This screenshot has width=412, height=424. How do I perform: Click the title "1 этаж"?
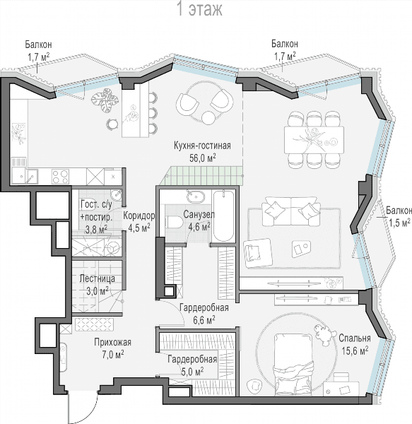[199, 9]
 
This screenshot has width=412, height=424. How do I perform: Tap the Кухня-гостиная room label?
[202, 146]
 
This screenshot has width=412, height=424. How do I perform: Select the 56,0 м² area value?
[203, 158]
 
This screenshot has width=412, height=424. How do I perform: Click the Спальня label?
[355, 338]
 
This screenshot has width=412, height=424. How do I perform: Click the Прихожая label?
[113, 342]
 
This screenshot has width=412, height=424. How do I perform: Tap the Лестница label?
[98, 279]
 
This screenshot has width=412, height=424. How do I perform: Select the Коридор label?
[139, 216]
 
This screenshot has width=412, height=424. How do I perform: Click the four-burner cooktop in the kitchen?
[60, 176]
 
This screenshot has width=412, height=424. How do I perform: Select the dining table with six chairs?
[314, 141]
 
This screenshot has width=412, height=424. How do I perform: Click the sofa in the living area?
[290, 211]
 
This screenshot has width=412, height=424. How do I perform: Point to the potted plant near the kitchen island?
[105, 100]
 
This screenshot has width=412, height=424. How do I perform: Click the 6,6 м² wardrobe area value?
[204, 320]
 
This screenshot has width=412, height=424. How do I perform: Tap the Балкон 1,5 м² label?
[399, 217]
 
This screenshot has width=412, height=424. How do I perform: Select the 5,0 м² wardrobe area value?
[192, 372]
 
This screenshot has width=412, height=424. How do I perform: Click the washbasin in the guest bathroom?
[117, 194]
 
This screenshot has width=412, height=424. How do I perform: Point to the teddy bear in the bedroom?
[324, 335]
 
